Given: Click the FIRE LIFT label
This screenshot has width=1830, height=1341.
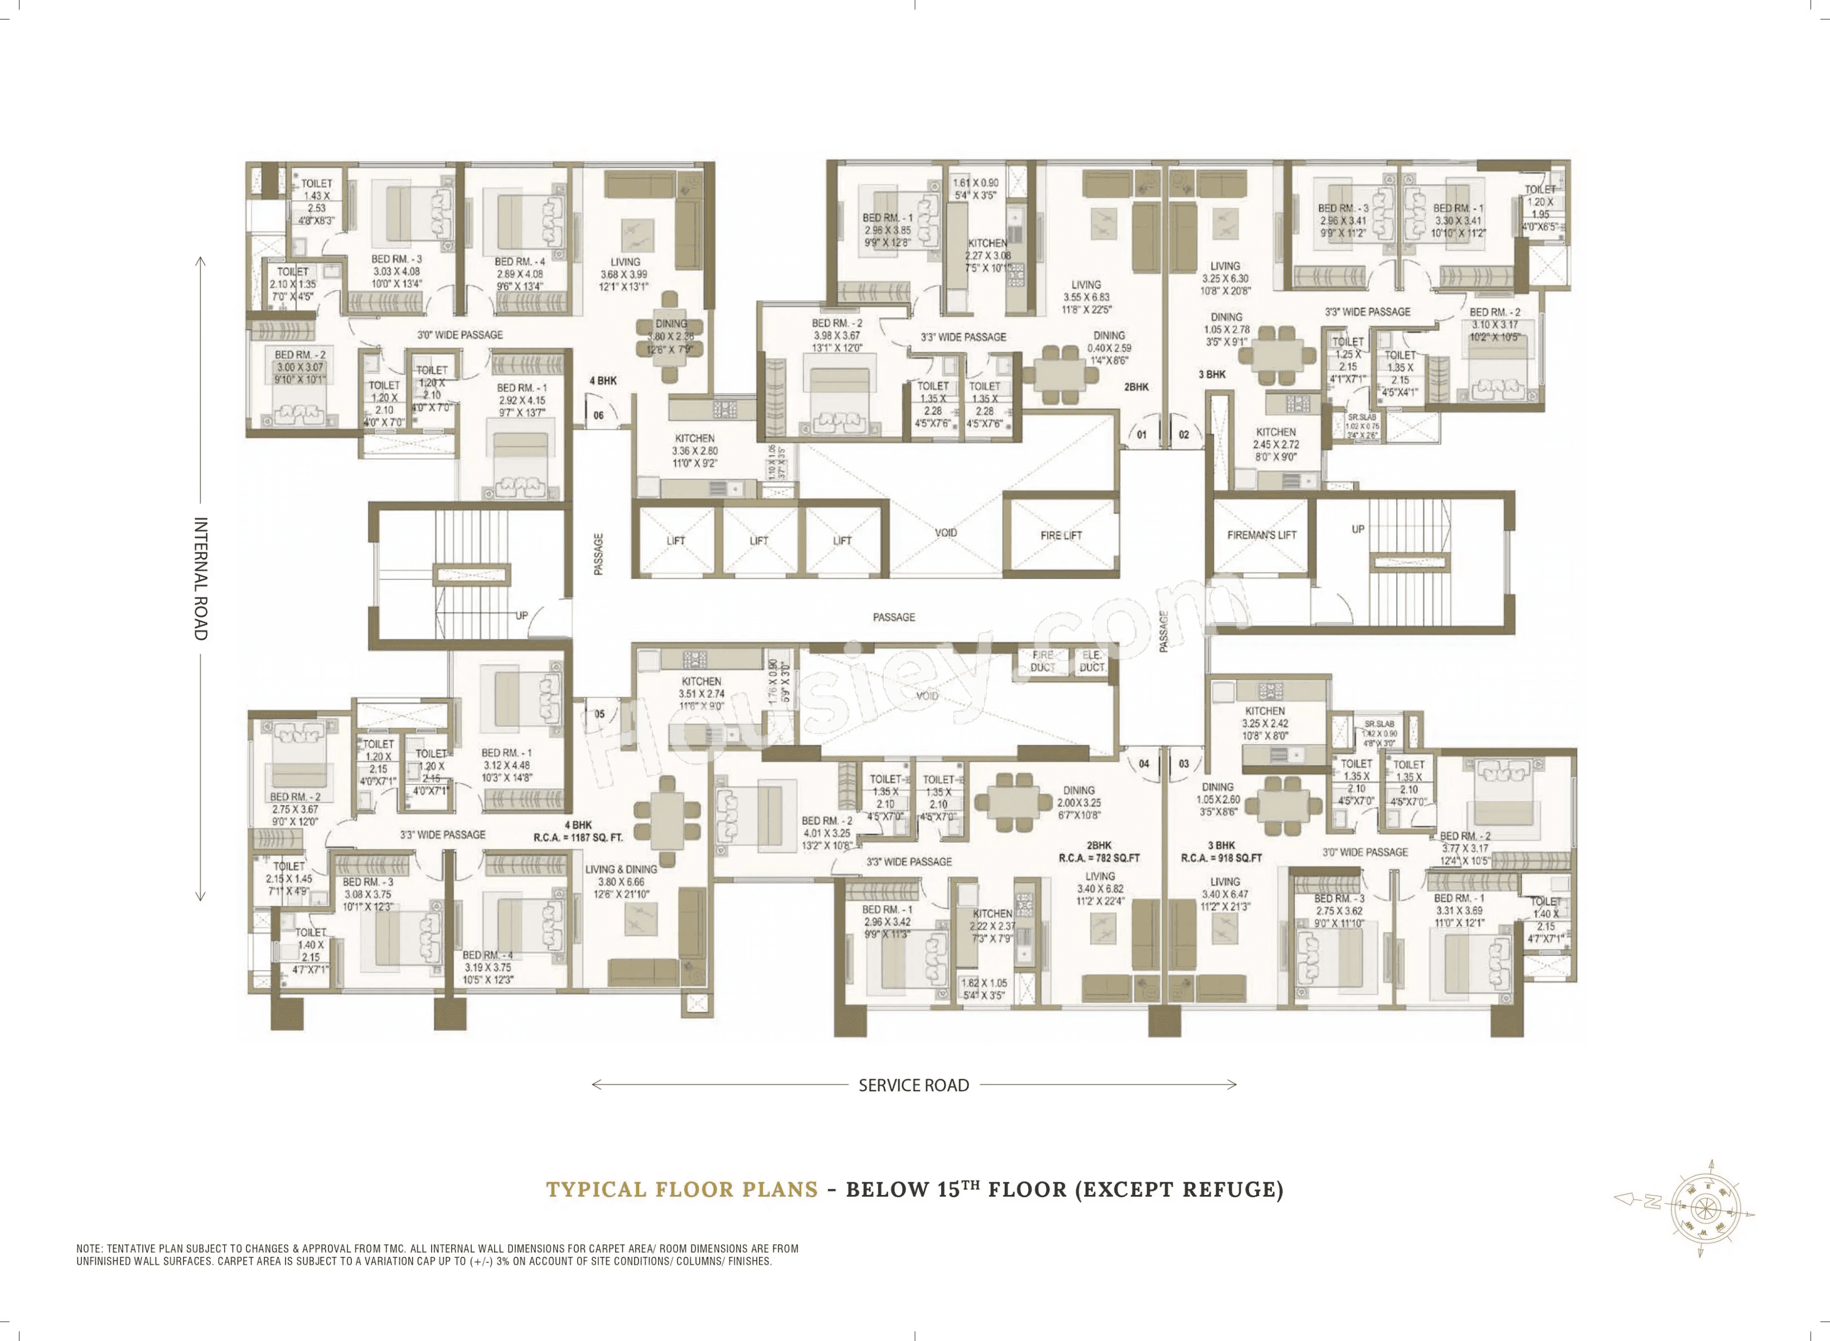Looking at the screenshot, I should pyautogui.click(x=1061, y=535).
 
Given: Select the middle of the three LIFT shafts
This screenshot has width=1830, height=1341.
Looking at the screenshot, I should pyautogui.click(x=758, y=541).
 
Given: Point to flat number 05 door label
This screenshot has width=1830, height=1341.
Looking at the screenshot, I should pyautogui.click(x=599, y=715).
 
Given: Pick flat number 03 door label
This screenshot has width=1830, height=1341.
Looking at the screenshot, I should pyautogui.click(x=1184, y=764).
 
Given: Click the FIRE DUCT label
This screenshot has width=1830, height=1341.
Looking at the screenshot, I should pyautogui.click(x=1043, y=661).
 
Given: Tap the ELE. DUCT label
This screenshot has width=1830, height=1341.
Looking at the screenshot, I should pyautogui.click(x=1092, y=661).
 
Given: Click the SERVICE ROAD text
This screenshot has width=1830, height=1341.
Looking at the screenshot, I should pyautogui.click(x=913, y=1085).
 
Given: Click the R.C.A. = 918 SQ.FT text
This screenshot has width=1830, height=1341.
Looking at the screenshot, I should pyautogui.click(x=1220, y=857).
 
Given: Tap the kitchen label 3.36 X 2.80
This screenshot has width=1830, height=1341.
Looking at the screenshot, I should pyautogui.click(x=694, y=450).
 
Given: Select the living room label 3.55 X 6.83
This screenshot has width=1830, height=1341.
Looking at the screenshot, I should pyautogui.click(x=1086, y=297).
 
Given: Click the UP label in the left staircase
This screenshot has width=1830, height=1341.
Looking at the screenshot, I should pyautogui.click(x=521, y=615).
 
